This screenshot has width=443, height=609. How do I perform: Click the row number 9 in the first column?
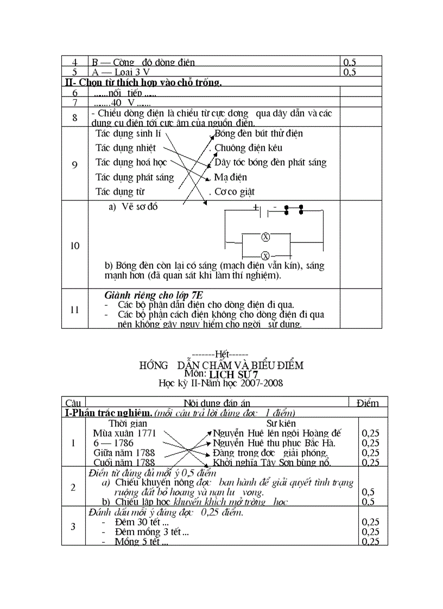(x=74, y=165)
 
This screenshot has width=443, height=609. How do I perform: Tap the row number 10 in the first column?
(x=74, y=246)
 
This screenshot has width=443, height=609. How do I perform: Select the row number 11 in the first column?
(x=74, y=310)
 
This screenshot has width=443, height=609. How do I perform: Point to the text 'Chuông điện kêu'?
(x=248, y=148)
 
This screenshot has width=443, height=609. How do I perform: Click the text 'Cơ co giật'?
(x=234, y=191)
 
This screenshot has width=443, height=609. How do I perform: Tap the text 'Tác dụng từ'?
(x=120, y=191)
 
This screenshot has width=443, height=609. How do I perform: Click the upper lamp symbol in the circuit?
(x=266, y=237)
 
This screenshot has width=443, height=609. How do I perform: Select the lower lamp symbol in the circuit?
(x=266, y=255)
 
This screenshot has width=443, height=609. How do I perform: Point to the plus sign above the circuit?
(x=255, y=207)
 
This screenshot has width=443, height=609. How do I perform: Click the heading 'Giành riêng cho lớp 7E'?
(x=153, y=295)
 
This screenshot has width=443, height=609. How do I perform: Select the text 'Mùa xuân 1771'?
(x=124, y=433)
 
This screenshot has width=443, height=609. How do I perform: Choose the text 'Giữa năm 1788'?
(x=124, y=452)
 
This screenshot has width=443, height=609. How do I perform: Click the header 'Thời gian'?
(x=128, y=423)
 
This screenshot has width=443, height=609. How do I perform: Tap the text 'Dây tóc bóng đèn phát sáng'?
(x=270, y=162)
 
